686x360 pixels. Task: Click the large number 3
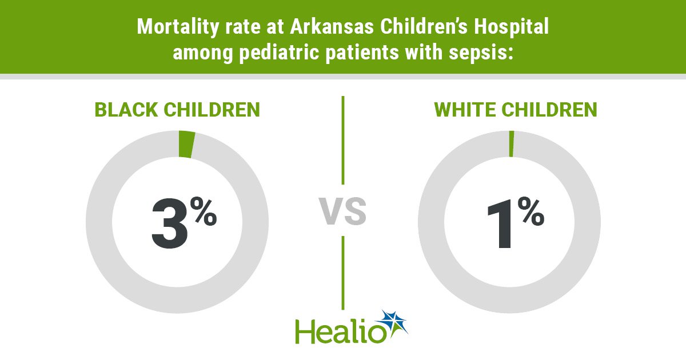[170, 225]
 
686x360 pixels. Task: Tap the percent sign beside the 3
[203, 211]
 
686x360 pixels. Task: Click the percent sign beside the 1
[531, 211]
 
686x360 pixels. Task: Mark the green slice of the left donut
[187, 144]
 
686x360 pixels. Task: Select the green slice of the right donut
[511, 143]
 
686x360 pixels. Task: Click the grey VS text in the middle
[342, 211]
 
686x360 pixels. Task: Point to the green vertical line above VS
[342, 140]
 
